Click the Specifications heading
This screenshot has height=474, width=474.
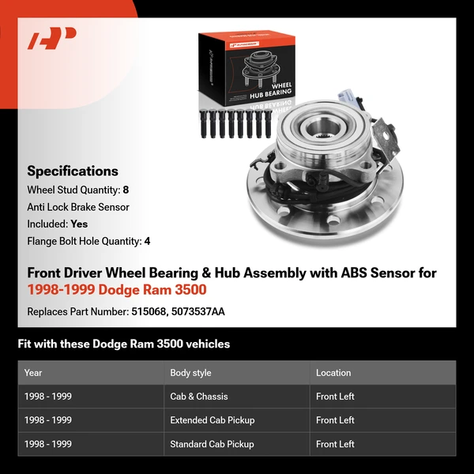73,171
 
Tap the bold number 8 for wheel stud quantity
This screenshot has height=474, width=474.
126,190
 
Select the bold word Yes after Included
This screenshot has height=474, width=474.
79,224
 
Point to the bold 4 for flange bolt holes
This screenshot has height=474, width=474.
147,241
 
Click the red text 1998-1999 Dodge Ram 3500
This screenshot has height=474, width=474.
117,290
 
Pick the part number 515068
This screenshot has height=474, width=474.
147,311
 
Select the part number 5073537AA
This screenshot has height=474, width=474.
198,311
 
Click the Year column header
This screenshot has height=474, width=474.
33,373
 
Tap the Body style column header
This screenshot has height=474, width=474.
190,373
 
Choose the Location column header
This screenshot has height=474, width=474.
333,373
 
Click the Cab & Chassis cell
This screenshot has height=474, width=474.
199,397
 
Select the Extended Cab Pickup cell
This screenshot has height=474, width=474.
213,420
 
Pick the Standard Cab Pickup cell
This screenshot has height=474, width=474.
213,444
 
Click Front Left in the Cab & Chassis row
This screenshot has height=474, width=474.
336,397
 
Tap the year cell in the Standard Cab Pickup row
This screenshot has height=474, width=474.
48,444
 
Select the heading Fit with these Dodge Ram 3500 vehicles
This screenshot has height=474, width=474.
124,344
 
